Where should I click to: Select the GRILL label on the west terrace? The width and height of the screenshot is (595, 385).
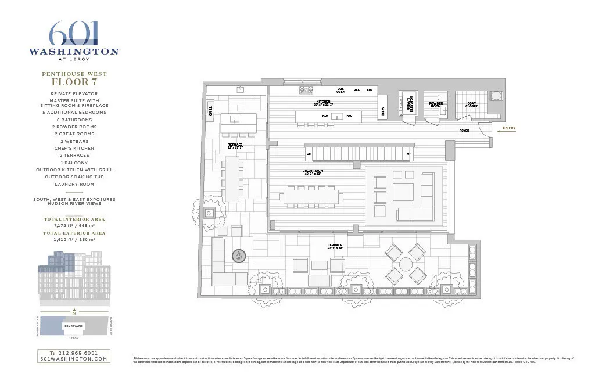pos(210,110)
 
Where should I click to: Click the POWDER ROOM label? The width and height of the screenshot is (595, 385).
pos(436,105)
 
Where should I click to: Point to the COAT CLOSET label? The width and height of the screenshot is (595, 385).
pos(472,105)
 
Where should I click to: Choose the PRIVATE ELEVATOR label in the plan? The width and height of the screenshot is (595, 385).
pos(410,103)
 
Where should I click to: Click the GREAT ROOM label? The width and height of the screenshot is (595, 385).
pos(313,172)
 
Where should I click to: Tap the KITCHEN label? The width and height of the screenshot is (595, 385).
pos(323,103)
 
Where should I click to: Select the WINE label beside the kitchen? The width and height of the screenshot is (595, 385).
pos(383,111)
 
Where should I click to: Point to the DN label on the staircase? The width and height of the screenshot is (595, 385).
pos(309,154)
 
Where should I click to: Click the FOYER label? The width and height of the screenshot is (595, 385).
pos(464,131)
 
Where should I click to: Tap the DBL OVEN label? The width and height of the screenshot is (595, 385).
pos(341,91)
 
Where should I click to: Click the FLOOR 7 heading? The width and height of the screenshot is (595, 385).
pos(74,82)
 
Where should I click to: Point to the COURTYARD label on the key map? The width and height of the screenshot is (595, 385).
pos(73,326)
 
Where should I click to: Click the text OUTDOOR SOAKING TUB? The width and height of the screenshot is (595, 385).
pos(74,177)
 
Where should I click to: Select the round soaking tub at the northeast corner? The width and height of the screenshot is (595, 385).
pos(497,96)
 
